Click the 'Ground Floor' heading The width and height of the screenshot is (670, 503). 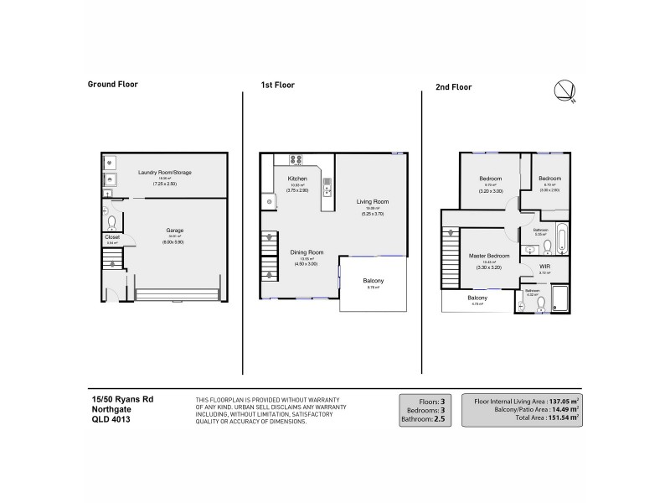113,84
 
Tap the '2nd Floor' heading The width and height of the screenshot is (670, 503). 453,86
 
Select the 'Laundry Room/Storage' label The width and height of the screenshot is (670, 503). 165,173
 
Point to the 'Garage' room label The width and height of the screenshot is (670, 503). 174,231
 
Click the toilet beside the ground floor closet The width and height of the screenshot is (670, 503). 111,222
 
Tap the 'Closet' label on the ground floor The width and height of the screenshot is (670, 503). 112,237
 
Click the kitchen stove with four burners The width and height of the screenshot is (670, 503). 296,160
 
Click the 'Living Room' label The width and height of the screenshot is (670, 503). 373,202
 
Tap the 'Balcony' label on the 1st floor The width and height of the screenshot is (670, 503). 374,280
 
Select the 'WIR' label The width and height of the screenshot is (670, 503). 544,267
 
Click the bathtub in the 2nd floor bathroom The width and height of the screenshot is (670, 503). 561,238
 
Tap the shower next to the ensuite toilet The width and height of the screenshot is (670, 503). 560,298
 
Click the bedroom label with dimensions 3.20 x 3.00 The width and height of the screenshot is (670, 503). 490,179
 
